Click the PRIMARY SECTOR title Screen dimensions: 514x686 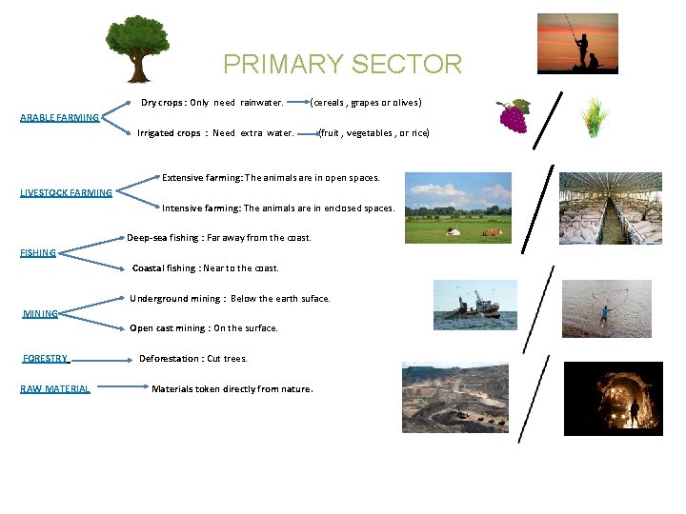342,64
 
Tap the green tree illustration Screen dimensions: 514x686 138,48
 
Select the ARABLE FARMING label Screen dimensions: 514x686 59,118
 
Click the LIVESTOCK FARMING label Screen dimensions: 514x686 66,193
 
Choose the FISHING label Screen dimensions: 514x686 38,253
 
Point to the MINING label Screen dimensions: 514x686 40,313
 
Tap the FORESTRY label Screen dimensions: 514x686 45,359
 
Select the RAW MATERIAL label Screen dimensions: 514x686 55,388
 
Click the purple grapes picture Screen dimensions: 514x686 513,116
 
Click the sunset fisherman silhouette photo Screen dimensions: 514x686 577,44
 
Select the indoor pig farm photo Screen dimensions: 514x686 610,208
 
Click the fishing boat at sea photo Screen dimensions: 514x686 475,306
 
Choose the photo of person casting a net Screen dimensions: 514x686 607,308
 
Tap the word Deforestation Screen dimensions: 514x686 169,359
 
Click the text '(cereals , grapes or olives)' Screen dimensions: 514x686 366,102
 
